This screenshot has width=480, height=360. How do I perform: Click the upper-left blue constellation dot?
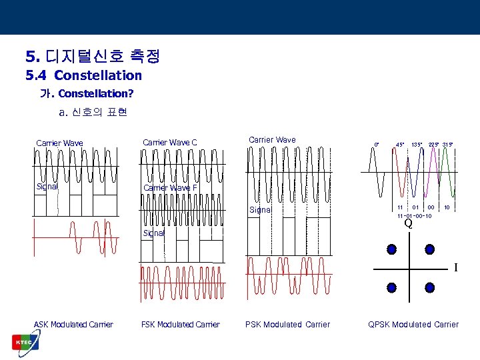pos(391,249)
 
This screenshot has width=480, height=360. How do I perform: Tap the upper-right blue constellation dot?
pos(429,249)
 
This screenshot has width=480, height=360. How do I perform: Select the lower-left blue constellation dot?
pos(391,288)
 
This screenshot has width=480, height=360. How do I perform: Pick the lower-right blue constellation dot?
pos(429,288)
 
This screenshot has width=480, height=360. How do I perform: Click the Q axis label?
pos(408,225)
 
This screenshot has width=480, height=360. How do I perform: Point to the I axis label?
pos(456,268)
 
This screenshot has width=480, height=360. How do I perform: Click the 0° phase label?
pos(377,144)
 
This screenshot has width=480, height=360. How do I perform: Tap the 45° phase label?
pos(401,144)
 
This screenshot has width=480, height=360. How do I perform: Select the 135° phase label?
pos(417,144)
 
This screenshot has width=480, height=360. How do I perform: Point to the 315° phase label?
pos(447,144)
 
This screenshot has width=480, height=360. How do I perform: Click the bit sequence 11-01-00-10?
pos(413,216)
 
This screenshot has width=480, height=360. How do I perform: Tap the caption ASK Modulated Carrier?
pos(73,325)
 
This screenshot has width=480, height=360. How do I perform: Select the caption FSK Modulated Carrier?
pos(180,325)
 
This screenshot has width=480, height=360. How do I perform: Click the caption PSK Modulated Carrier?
pos(287,325)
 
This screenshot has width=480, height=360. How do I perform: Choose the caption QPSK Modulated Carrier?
pos(413,325)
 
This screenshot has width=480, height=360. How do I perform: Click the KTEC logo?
pos(25,342)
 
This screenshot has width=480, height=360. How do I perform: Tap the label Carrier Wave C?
pos(170,142)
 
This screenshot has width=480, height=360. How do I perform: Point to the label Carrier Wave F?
pos(170,188)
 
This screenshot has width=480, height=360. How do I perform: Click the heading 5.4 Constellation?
pos(84,75)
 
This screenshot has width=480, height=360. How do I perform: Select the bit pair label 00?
pos(431,208)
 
